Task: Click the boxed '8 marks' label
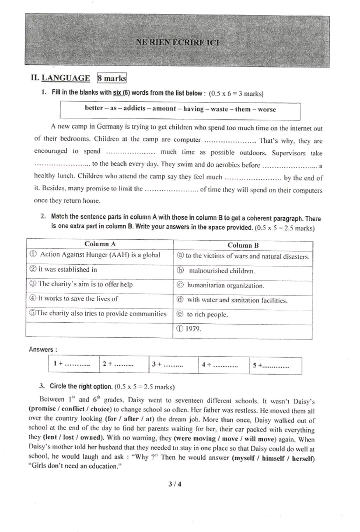112,78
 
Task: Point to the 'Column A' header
100,244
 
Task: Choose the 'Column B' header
243,245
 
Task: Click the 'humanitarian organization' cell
225,286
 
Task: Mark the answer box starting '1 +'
73,365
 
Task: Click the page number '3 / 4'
175,484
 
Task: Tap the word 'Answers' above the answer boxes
42,349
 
